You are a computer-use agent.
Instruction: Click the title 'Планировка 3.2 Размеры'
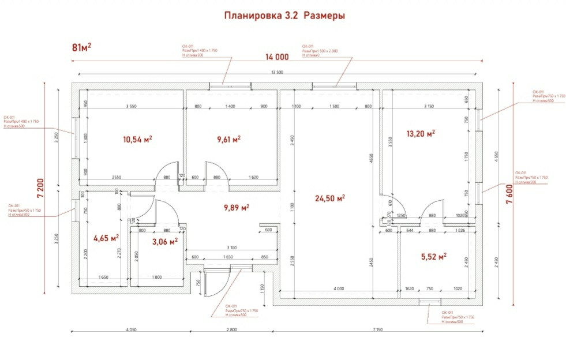(x=284, y=16)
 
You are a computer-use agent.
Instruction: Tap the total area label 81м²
(x=82, y=47)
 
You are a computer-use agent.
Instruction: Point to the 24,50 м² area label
(x=330, y=198)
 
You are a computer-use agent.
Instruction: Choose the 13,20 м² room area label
(x=420, y=133)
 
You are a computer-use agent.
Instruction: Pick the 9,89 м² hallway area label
(x=237, y=207)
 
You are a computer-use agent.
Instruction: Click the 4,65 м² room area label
(x=106, y=237)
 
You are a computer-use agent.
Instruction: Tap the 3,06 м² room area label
(x=164, y=242)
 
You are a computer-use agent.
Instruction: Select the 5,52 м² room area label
(x=434, y=256)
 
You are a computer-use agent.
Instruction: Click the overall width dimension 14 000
(x=277, y=57)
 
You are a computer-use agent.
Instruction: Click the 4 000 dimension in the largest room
(x=339, y=288)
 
